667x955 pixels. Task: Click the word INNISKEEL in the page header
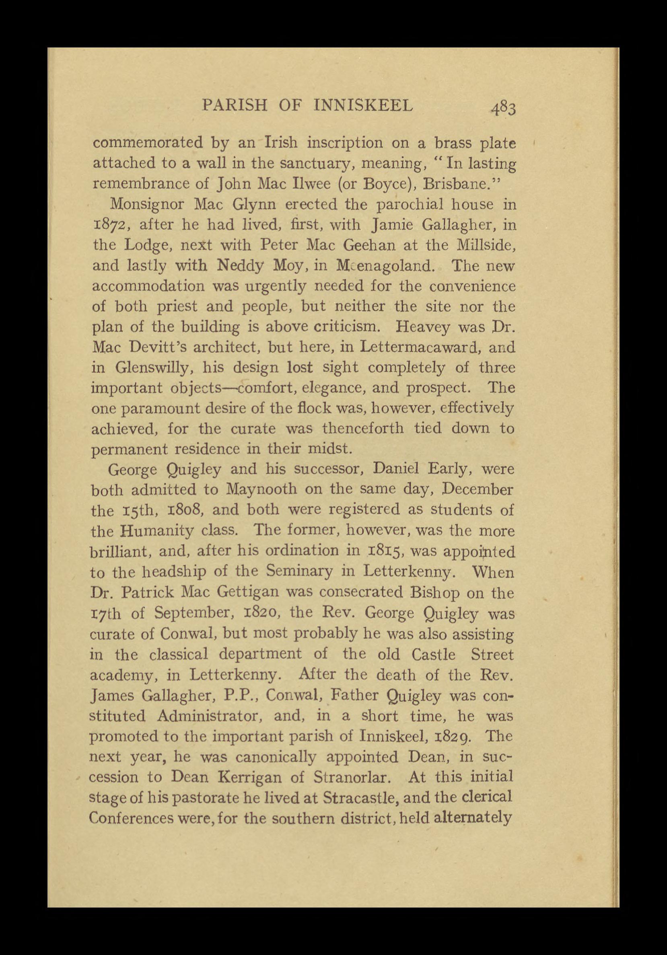coord(363,106)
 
